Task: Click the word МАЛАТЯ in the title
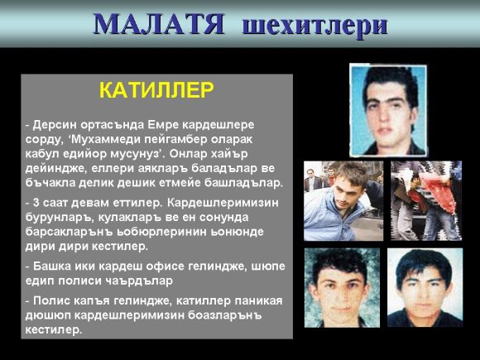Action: tap(159, 24)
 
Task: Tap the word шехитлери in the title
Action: tap(315, 26)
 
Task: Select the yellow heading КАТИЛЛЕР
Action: tap(156, 90)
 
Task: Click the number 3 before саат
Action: tap(36, 203)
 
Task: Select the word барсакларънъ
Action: tap(69, 232)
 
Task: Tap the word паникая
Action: tap(259, 300)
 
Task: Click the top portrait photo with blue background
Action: tap(388, 109)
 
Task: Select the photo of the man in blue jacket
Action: tap(343, 201)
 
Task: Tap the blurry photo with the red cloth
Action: tap(426, 201)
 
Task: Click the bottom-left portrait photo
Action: tap(343, 287)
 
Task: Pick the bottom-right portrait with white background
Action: tap(425, 287)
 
